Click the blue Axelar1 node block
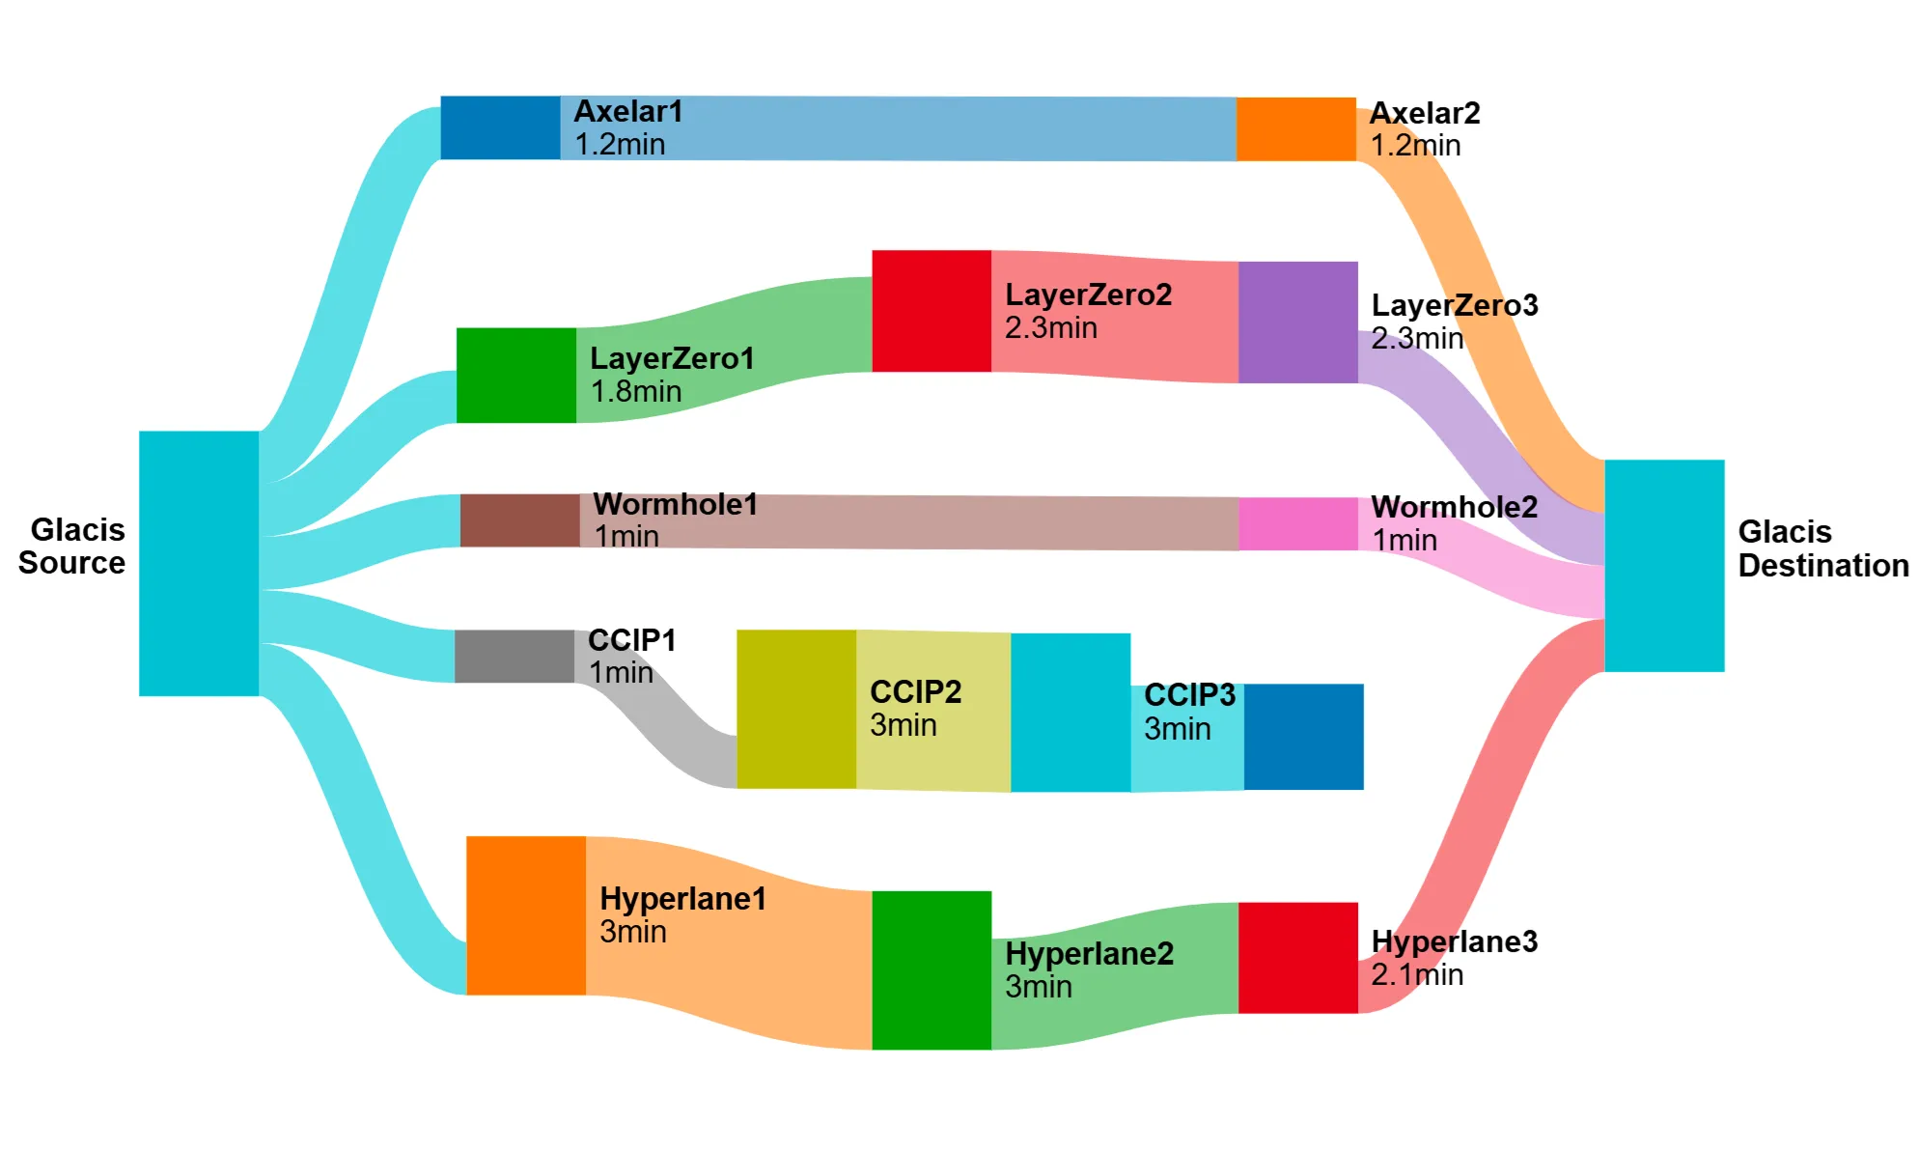coord(500,127)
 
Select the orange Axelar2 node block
coord(1295,128)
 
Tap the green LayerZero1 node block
coord(515,375)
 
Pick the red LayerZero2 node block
coord(931,311)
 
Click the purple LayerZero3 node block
coord(1297,322)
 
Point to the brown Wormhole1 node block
coord(519,520)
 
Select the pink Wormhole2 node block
coord(1297,523)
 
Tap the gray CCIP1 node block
coord(514,656)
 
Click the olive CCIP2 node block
coord(795,709)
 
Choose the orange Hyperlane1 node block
coord(525,914)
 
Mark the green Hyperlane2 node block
coord(931,969)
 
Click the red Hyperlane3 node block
coord(1297,957)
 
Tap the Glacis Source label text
coord(72,547)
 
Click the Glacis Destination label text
coord(1822,548)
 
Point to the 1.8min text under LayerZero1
coord(636,392)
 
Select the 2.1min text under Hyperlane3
coord(1417,975)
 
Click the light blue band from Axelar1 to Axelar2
coord(898,128)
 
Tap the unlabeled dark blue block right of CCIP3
coord(1303,736)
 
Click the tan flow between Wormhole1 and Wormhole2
coord(907,522)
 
